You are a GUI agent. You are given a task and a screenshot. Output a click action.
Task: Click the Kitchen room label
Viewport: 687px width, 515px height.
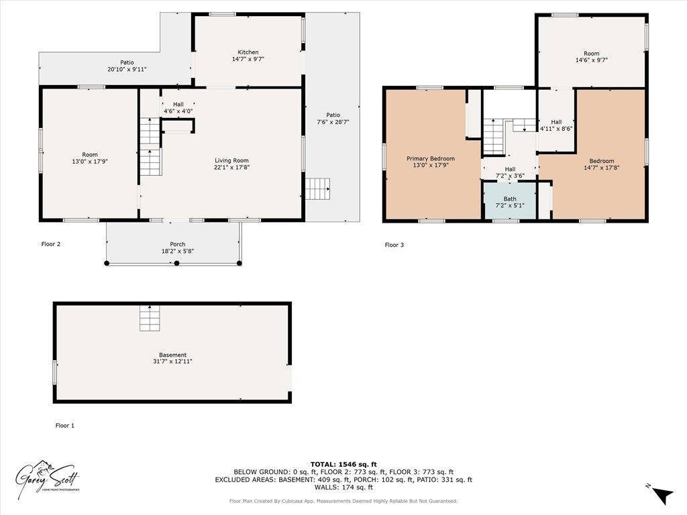[x=248, y=52]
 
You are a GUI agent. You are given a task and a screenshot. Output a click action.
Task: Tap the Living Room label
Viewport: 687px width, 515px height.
[x=231, y=160]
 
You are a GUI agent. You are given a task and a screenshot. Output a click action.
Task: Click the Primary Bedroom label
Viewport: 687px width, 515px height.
[x=431, y=159]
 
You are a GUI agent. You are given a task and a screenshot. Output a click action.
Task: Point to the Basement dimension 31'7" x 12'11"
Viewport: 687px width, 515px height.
[x=172, y=361]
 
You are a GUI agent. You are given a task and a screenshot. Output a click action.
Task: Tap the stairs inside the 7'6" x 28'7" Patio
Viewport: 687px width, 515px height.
[x=318, y=188]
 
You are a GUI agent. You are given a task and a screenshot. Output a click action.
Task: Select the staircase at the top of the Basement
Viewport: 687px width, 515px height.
[x=150, y=317]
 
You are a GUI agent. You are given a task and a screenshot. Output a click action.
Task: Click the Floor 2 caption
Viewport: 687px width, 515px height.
[x=51, y=244]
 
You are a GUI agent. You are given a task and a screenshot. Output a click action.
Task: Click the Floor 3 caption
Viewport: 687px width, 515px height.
[x=394, y=245]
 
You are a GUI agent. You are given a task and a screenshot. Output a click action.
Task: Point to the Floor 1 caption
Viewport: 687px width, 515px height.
[x=65, y=425]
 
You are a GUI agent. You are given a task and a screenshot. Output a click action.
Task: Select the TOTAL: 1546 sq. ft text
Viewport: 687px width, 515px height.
[x=343, y=464]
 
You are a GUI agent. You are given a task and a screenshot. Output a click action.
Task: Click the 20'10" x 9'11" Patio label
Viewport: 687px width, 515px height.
[x=127, y=66]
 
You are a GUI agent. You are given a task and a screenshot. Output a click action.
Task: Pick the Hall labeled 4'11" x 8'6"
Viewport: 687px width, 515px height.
[x=556, y=125]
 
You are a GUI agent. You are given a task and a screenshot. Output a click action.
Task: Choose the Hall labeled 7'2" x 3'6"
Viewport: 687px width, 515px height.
[x=510, y=172]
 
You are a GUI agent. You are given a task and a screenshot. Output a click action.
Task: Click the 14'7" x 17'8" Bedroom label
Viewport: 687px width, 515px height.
[x=601, y=164]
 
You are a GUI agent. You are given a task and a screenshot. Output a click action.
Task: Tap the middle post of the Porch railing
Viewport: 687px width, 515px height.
[x=177, y=264]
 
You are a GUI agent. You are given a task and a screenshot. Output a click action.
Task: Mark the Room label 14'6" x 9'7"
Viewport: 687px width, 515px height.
[x=591, y=56]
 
